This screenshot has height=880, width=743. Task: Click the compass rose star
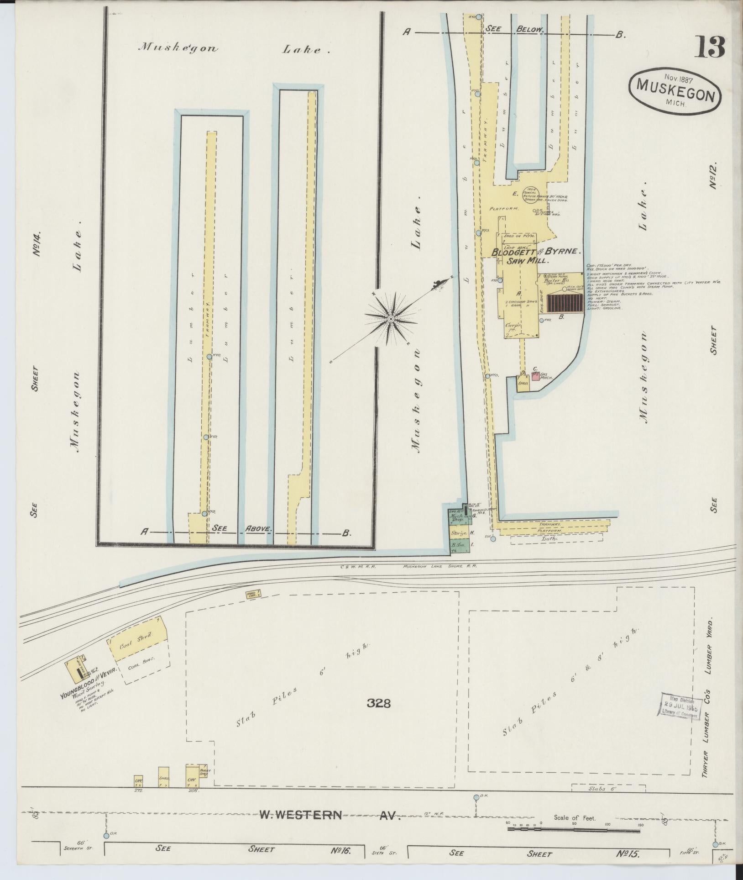coord(391,318)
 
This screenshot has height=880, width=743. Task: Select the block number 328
coord(378,703)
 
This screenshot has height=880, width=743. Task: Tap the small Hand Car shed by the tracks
coord(252,594)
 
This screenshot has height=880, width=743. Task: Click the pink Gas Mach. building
coord(535,377)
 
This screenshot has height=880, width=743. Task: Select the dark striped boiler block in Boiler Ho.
coord(565,303)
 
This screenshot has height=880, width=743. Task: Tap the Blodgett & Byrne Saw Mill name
coord(535,256)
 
